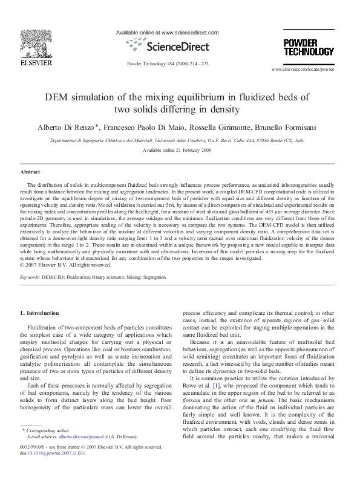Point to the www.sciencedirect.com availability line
166,33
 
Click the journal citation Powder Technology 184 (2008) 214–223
168,63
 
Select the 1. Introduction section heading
40,313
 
